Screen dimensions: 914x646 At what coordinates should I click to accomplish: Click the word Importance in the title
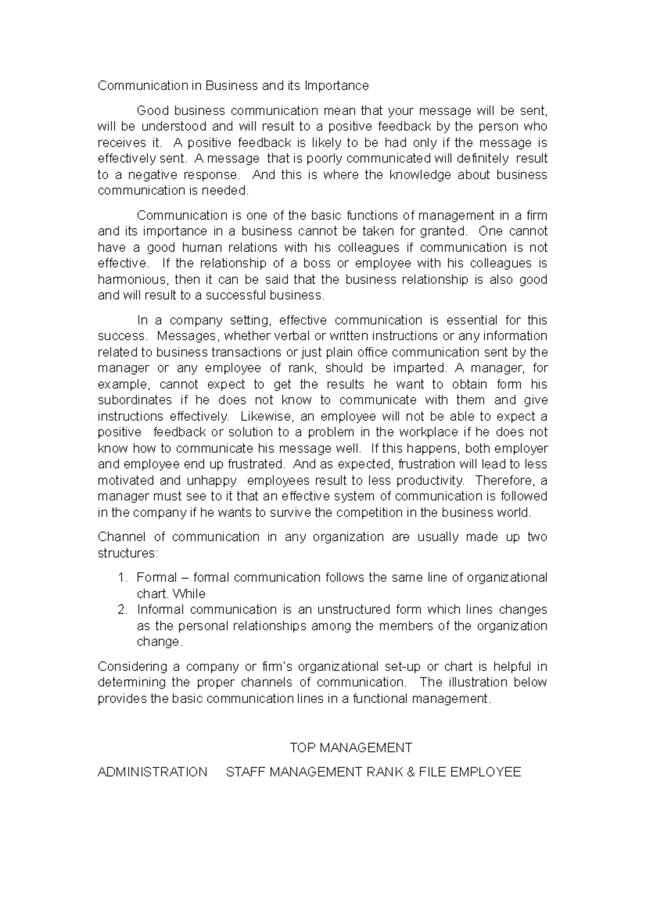pyautogui.click(x=336, y=86)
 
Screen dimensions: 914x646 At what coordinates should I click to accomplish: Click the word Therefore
pyautogui.click(x=504, y=480)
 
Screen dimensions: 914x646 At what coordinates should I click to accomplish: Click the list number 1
pyautogui.click(x=122, y=578)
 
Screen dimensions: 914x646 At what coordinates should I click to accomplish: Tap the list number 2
pyautogui.click(x=122, y=610)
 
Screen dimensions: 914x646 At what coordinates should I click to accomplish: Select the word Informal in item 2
pyautogui.click(x=160, y=610)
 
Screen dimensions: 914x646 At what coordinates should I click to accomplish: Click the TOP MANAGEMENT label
pyautogui.click(x=351, y=748)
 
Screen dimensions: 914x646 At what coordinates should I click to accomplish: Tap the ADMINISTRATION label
pyautogui.click(x=152, y=772)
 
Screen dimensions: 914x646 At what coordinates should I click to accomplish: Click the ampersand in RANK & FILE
pyautogui.click(x=410, y=772)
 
